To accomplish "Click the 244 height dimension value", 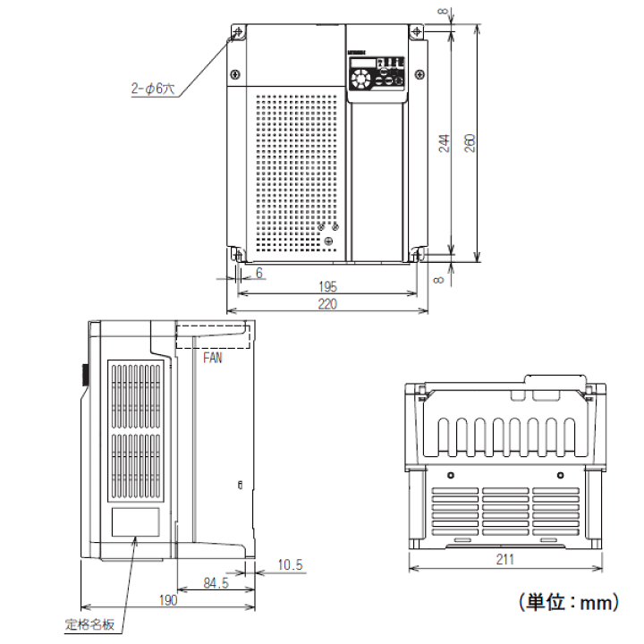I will click(445, 144).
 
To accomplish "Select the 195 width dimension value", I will click(327, 287).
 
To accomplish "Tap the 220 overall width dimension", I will click(327, 305).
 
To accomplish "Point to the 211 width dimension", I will click(505, 561).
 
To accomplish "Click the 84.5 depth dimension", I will click(215, 583).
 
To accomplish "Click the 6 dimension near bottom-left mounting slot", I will click(259, 273).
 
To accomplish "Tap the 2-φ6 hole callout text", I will click(154, 89).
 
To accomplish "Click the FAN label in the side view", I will click(213, 358).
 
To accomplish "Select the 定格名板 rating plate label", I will click(90, 623).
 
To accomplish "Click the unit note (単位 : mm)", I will click(567, 603).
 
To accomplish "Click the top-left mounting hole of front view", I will click(238, 33).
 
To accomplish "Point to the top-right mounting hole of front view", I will click(418, 33).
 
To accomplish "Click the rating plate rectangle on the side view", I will click(135, 521).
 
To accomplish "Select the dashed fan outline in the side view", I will click(211, 333).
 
